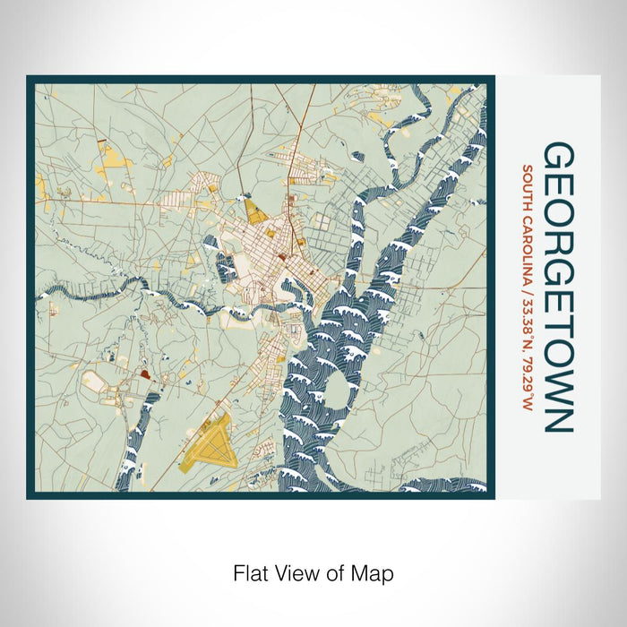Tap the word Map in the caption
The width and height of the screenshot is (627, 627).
pos(374,572)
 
